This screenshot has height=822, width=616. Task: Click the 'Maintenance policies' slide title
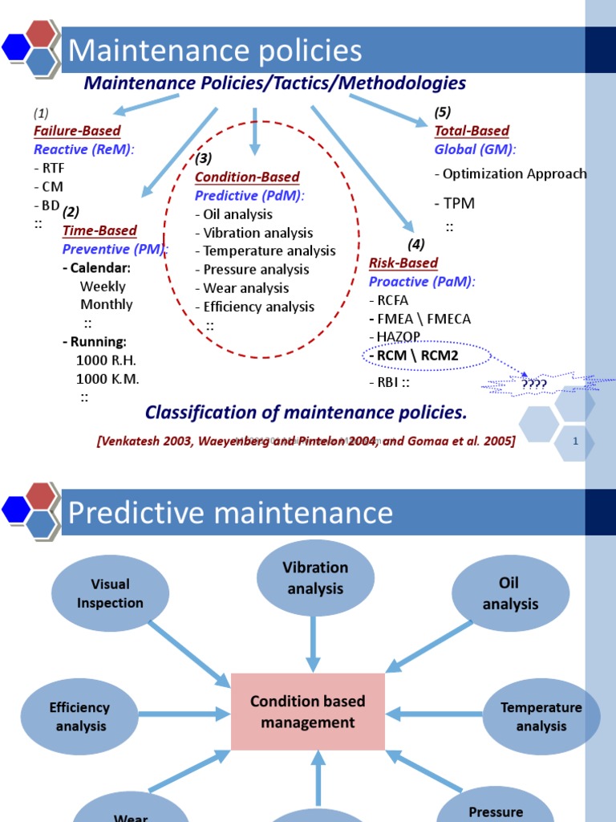[215, 51]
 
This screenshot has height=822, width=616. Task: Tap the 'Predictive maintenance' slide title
[231, 513]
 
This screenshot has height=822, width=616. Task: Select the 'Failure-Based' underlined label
[77, 131]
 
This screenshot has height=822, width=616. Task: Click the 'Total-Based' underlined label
[472, 131]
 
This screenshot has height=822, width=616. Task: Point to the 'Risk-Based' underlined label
[403, 263]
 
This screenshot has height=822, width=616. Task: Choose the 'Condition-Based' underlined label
[247, 177]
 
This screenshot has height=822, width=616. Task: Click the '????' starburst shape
[533, 385]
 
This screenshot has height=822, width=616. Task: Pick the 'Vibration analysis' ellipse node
[315, 578]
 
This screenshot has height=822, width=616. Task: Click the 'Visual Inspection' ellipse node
[111, 594]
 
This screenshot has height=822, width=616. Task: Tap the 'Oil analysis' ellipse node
[510, 594]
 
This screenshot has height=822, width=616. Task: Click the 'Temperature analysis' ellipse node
[541, 717]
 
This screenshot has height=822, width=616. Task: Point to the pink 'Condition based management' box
[308, 712]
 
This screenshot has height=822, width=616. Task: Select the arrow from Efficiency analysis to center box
[184, 712]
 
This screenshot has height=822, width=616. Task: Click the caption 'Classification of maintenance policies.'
[306, 413]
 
